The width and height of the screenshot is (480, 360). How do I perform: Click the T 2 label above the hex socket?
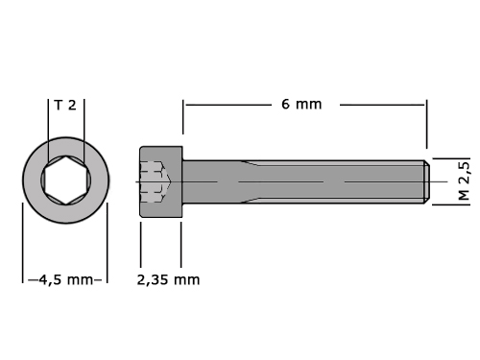(x=65, y=105)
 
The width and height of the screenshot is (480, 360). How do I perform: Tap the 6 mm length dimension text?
(x=301, y=105)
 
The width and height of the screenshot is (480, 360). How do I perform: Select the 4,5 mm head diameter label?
(x=66, y=280)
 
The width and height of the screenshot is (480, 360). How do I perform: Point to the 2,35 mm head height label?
(x=168, y=280)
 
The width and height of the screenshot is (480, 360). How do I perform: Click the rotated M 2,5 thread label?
(x=464, y=180)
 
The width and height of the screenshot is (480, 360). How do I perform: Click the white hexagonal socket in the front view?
(x=66, y=180)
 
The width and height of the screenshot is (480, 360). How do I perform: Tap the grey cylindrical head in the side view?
(x=161, y=181)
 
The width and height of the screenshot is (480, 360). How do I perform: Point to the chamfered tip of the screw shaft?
(x=427, y=181)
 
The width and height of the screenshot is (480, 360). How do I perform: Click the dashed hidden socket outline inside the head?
(x=156, y=181)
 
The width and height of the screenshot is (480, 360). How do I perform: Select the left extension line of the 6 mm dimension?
(x=183, y=117)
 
